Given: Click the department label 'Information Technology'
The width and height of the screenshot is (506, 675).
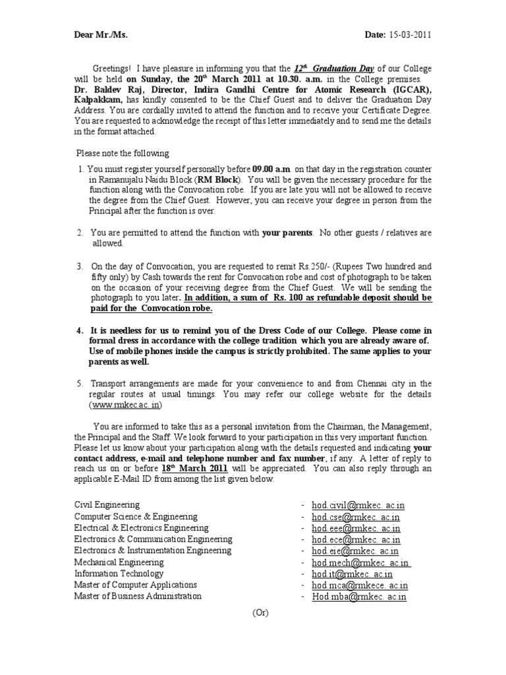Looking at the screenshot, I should click(x=119, y=573).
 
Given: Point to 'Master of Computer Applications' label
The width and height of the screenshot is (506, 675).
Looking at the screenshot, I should click(x=135, y=585).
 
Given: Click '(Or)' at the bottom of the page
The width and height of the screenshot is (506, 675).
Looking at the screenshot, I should click(x=261, y=612).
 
